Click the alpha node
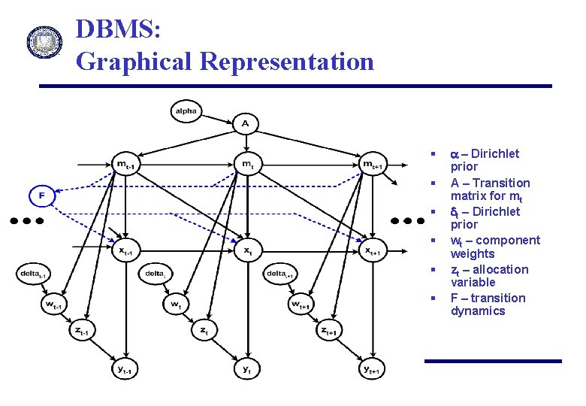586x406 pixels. (186, 111)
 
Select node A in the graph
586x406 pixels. (245, 122)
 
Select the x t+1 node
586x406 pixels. (373, 250)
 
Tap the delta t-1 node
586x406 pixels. (34, 273)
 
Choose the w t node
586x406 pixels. (176, 304)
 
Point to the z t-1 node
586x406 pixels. (82, 331)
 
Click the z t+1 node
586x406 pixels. (329, 331)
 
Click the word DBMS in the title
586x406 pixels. (116, 30)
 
